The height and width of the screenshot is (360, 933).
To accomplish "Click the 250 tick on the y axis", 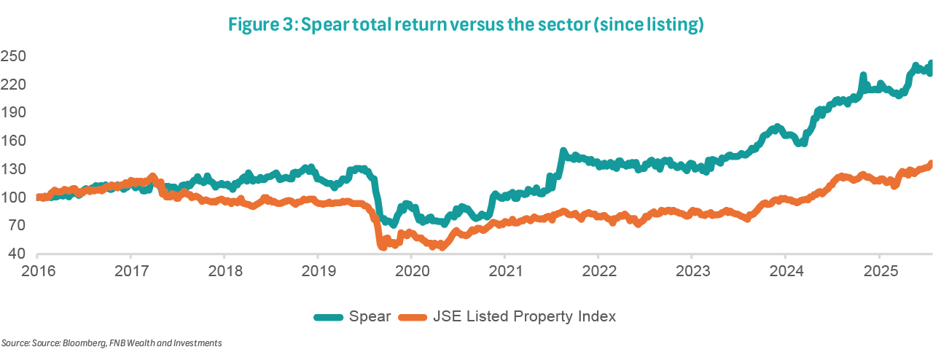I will point(13,56).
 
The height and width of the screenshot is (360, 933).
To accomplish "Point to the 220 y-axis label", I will point(13,85).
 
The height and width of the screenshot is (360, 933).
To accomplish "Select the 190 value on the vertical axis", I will point(13,113).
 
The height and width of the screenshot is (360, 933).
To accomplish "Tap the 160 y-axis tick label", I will point(13,141).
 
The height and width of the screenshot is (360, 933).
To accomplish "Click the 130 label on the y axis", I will point(13,169).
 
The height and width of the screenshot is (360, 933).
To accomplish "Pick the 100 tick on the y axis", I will point(13,197).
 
